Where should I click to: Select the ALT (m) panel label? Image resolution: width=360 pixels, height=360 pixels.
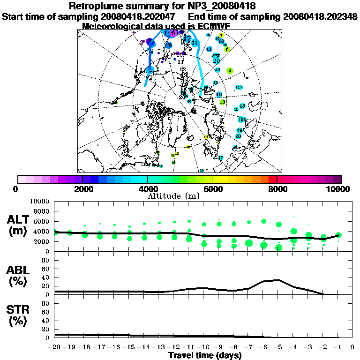point(19,225)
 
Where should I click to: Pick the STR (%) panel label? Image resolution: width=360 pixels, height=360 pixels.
point(19,315)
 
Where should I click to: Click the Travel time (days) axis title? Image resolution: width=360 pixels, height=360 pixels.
point(204,356)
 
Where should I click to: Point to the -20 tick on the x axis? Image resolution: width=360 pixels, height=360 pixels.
point(54,347)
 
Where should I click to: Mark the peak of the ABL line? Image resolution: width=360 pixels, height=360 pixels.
point(279,280)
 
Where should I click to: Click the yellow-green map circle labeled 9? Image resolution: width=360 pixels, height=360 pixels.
point(230,71)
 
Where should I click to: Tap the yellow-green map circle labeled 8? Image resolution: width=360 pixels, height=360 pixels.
point(227,49)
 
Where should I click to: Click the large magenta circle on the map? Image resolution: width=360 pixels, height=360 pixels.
point(173,33)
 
